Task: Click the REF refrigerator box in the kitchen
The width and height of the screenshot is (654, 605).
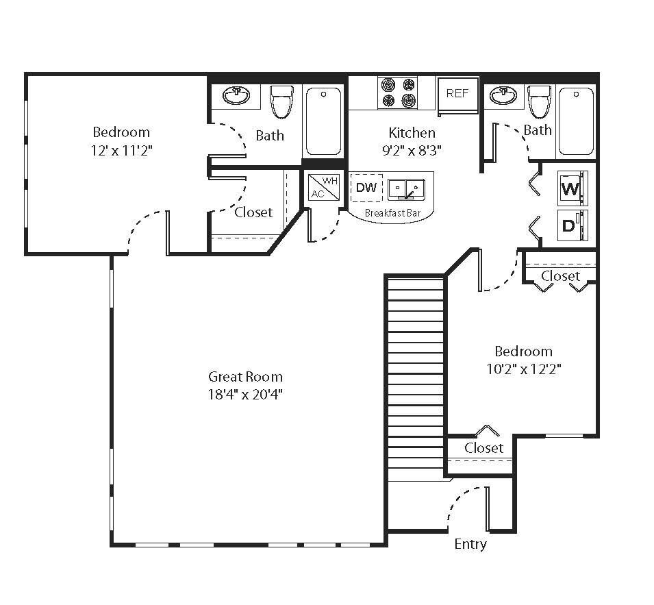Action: pyautogui.click(x=457, y=93)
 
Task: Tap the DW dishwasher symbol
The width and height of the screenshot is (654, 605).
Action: pyautogui.click(x=366, y=187)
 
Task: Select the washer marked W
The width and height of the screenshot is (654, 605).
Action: pyautogui.click(x=570, y=188)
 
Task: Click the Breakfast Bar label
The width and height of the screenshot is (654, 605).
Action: pyautogui.click(x=388, y=213)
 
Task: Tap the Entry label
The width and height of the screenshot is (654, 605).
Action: pyautogui.click(x=470, y=544)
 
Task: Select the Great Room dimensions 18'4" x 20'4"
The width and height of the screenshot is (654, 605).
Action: pyautogui.click(x=245, y=394)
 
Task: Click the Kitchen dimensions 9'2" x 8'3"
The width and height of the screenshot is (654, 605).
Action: pyautogui.click(x=412, y=150)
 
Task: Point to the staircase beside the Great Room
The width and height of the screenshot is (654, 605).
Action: pyautogui.click(x=416, y=377)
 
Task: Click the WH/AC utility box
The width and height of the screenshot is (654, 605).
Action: pyautogui.click(x=323, y=187)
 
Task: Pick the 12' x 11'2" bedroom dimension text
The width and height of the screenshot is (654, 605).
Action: pyautogui.click(x=121, y=150)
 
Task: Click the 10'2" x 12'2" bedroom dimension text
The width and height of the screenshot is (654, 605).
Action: pyautogui.click(x=523, y=369)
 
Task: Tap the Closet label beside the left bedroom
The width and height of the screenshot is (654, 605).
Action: pyautogui.click(x=253, y=212)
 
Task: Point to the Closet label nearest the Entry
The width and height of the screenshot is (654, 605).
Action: pyautogui.click(x=483, y=448)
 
